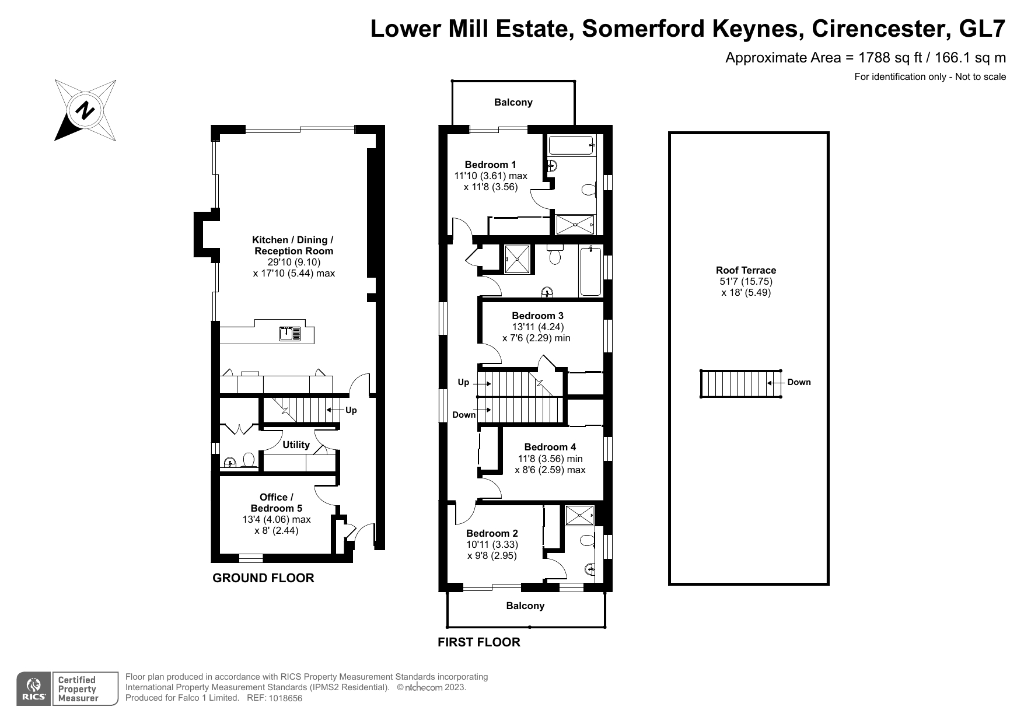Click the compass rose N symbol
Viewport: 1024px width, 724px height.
pyautogui.click(x=86, y=110)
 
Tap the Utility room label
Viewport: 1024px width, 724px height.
pyautogui.click(x=296, y=445)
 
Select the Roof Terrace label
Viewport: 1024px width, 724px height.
pyautogui.click(x=746, y=270)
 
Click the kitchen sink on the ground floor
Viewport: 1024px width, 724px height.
pyautogui.click(x=289, y=334)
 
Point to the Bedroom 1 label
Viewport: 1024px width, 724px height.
pyautogui.click(x=491, y=165)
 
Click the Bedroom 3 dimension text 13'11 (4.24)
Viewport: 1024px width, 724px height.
pyautogui.click(x=538, y=327)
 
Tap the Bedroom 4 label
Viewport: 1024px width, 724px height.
pyautogui.click(x=550, y=447)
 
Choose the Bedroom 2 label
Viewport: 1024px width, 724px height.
pyautogui.click(x=492, y=533)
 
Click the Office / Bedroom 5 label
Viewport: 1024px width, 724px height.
pyautogui.click(x=277, y=502)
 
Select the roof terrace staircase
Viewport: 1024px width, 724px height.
pyautogui.click(x=741, y=383)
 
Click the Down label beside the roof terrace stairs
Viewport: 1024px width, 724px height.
pyautogui.click(x=799, y=383)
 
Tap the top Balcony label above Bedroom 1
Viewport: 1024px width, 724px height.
pyautogui.click(x=513, y=103)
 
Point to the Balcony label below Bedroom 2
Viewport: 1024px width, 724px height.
pyautogui.click(x=525, y=606)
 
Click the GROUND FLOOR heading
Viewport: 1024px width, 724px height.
pyautogui.click(x=263, y=578)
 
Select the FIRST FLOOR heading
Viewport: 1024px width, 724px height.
pyautogui.click(x=479, y=642)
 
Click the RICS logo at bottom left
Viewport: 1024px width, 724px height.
pyautogui.click(x=33, y=689)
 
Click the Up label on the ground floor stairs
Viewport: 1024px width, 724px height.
pyautogui.click(x=351, y=410)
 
